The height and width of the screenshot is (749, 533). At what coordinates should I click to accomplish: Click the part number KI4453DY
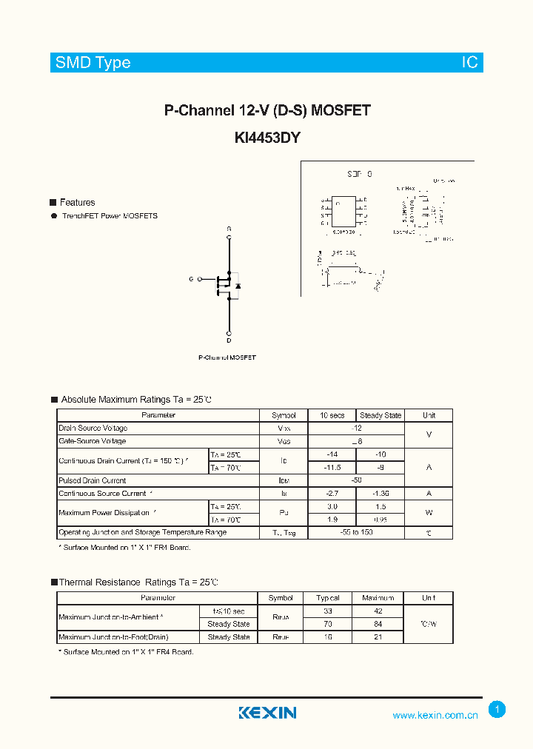[266, 136]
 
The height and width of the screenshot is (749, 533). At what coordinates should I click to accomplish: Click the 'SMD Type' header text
[93, 63]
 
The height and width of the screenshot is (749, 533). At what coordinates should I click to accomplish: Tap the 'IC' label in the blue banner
[470, 63]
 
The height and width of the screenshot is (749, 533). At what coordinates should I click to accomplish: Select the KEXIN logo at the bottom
[267, 713]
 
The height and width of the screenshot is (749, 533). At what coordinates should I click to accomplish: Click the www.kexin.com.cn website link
[435, 715]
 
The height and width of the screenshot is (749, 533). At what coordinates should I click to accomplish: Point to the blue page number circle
[497, 710]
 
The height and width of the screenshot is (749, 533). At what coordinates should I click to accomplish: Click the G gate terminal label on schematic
[190, 279]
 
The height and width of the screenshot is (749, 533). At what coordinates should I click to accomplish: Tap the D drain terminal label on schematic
[229, 340]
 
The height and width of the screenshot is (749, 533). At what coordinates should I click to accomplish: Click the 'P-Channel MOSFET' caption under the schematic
[227, 357]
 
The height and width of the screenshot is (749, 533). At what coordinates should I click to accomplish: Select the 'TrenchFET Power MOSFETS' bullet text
[110, 216]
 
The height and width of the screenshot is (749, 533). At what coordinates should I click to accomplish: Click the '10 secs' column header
[332, 415]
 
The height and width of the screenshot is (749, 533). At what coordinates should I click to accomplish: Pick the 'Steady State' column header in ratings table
[380, 415]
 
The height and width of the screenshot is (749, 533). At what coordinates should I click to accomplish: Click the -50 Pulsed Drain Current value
[356, 480]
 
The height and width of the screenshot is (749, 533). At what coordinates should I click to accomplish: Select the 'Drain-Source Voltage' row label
[93, 429]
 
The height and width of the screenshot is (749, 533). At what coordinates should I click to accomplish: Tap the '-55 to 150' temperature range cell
[356, 532]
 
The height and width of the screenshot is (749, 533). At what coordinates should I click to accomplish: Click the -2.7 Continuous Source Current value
[332, 494]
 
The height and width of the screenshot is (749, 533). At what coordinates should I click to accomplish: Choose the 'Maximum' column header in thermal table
[378, 598]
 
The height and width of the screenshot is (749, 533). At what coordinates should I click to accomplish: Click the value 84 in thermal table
[378, 624]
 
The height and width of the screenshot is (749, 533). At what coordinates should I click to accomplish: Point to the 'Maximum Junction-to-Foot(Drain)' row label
[113, 637]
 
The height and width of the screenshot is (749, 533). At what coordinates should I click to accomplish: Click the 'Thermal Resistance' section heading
[99, 582]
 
